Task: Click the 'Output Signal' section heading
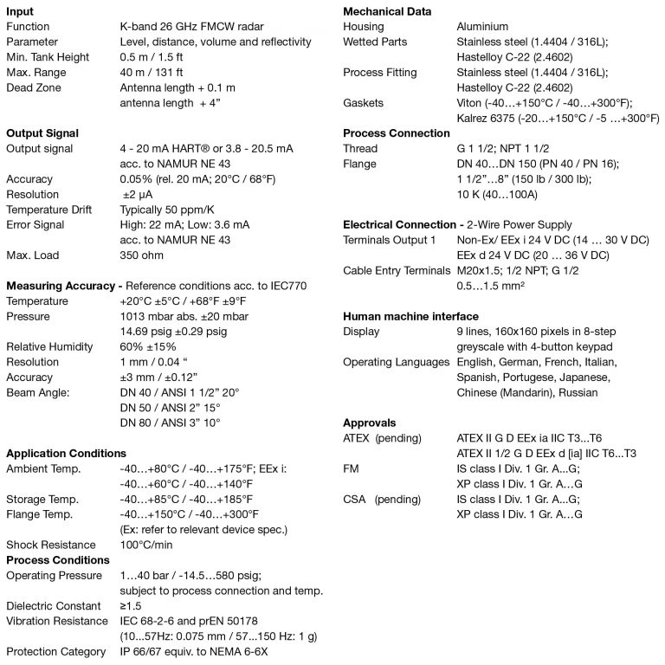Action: [x=42, y=133]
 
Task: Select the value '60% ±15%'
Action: [x=152, y=347]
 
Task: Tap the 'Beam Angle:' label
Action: [x=38, y=393]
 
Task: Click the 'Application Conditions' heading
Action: [x=66, y=453]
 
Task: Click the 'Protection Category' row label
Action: [x=55, y=652]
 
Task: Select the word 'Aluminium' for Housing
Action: [x=482, y=27]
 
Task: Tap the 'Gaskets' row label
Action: [x=363, y=103]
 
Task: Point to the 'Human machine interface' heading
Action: [x=410, y=316]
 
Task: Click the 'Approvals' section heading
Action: [x=370, y=423]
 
